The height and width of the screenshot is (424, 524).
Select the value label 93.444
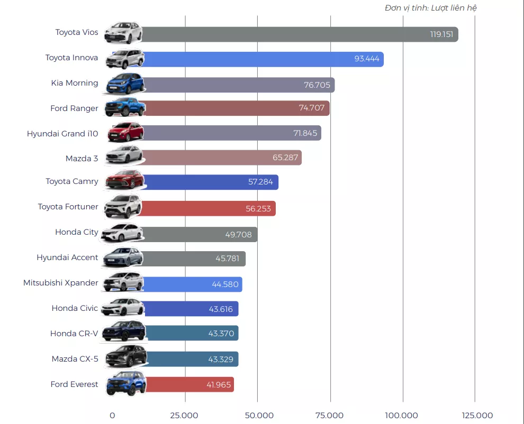(x=367, y=59)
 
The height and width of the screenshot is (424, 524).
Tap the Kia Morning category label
(x=75, y=83)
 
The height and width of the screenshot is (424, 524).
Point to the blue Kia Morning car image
(x=125, y=84)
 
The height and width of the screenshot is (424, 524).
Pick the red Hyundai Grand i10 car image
(x=125, y=132)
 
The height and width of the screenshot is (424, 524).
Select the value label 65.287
(x=286, y=158)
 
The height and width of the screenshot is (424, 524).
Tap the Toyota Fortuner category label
(x=68, y=207)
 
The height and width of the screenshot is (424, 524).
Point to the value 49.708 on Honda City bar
(x=238, y=234)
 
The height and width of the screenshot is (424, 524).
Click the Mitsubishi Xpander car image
(x=124, y=283)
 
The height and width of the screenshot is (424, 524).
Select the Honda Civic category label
(x=75, y=308)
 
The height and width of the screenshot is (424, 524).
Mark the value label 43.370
(x=220, y=334)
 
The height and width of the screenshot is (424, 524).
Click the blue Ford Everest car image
(x=126, y=384)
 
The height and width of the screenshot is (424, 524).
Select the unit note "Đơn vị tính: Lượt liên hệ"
(x=431, y=8)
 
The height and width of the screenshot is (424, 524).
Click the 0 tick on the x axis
(x=112, y=415)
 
